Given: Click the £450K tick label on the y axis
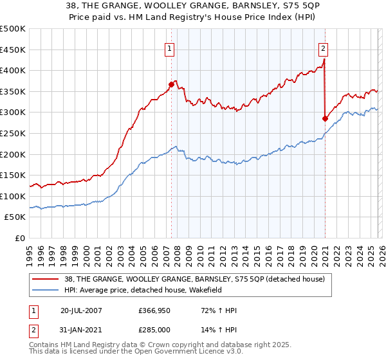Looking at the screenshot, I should pos(13,50).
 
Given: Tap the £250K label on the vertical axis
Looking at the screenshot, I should pos(13,133).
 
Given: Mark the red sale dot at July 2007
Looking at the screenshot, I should pos(172,84).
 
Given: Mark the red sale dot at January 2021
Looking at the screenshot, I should pos(325,118).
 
